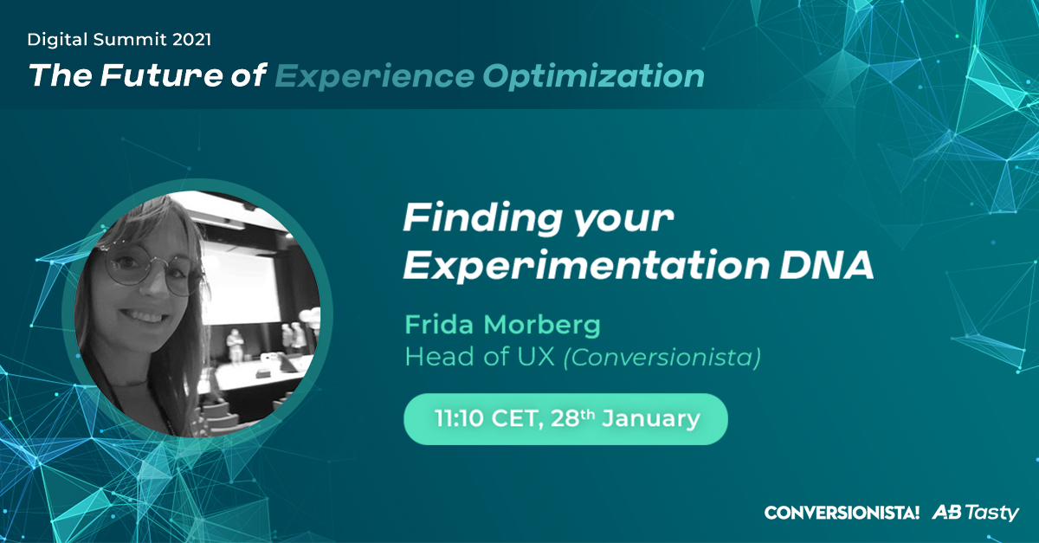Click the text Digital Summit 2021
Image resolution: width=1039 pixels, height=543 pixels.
[x=119, y=39]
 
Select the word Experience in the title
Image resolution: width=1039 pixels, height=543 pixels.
[x=374, y=76]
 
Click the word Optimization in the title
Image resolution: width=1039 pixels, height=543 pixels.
[x=593, y=76]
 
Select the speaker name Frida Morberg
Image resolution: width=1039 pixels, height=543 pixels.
[x=503, y=326]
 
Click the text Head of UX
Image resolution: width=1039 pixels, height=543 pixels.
[x=480, y=356]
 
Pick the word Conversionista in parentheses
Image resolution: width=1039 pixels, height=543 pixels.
[x=661, y=356]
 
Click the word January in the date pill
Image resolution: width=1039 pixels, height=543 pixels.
[x=650, y=419]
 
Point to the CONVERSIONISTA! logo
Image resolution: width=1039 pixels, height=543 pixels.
[x=842, y=513]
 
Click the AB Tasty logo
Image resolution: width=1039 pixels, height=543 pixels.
[x=976, y=513]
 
